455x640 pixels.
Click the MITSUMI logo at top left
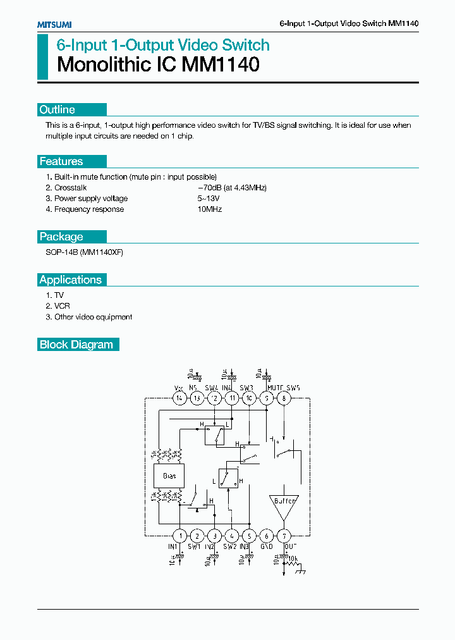click(x=54, y=24)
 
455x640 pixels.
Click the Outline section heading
click(x=58, y=110)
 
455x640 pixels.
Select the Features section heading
click(x=61, y=161)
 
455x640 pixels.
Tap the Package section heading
click(x=61, y=237)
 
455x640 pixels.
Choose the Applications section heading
click(x=70, y=280)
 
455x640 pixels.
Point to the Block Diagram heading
click(x=76, y=345)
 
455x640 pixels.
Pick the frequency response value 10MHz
click(x=210, y=209)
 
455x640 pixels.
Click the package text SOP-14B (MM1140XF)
click(x=85, y=252)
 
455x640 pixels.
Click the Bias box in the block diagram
click(x=169, y=476)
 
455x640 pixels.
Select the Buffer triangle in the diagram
click(x=283, y=500)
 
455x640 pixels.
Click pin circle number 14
click(x=179, y=398)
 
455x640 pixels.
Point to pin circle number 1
click(x=179, y=535)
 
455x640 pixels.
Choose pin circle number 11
click(x=233, y=398)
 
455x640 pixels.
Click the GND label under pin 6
click(x=267, y=546)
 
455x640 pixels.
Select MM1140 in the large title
click(x=221, y=65)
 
